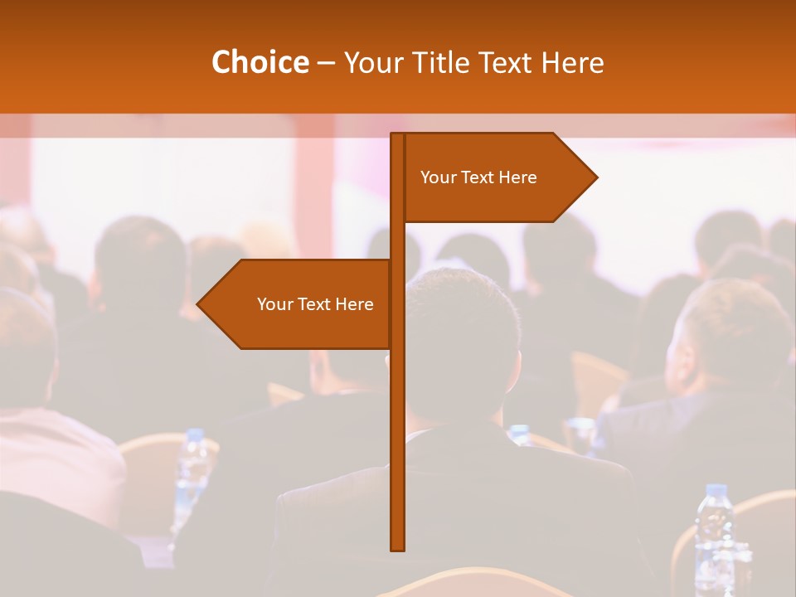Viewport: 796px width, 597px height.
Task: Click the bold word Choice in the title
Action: click(260, 63)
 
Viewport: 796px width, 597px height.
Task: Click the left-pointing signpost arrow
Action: click(298, 304)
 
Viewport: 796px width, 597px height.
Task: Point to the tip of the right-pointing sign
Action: click(595, 177)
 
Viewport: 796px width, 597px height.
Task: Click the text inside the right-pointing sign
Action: click(478, 177)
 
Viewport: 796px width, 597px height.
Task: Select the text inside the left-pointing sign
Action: click(315, 304)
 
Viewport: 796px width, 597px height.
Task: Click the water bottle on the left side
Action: click(192, 473)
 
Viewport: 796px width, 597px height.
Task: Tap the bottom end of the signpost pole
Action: click(398, 547)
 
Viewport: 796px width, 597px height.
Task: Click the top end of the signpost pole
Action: click(398, 137)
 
